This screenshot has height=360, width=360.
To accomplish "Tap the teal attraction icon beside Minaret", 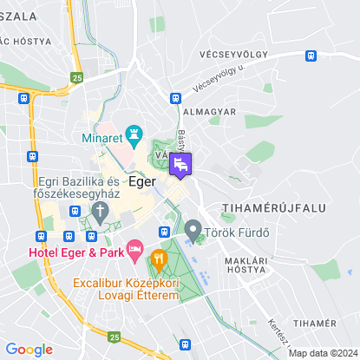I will click(134, 134).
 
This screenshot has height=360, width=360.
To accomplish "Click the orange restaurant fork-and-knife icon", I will click(158, 258).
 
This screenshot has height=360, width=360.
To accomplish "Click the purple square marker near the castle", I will click(181, 163).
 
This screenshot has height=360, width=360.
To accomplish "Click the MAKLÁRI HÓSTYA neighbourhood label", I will click(245, 265).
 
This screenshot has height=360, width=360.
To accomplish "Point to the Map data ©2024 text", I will click(322, 353).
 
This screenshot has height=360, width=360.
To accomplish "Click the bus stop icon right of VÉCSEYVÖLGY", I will click(310, 54).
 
